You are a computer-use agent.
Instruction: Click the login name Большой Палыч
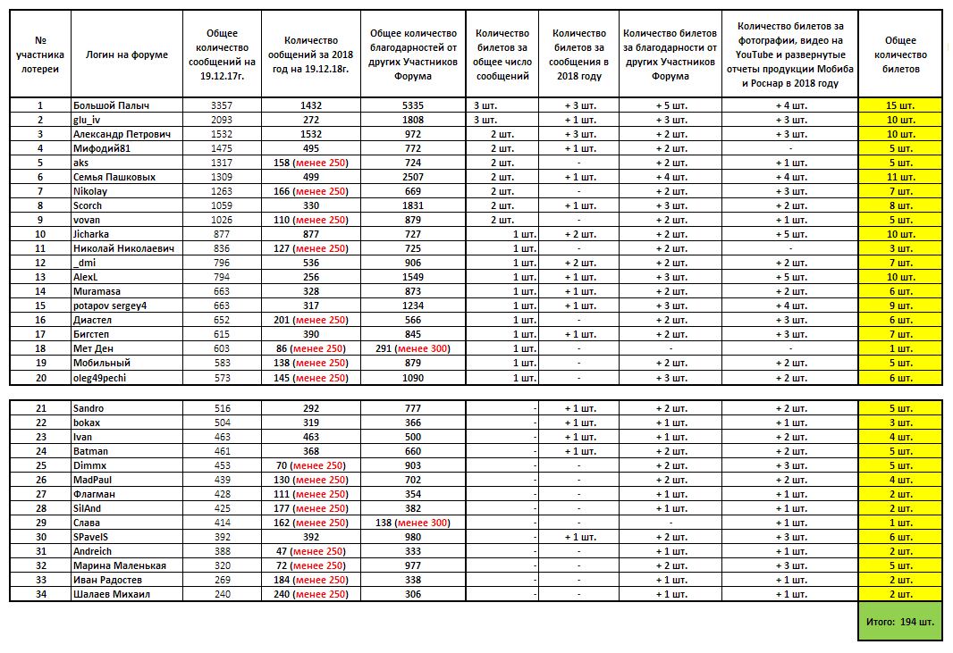(x=110, y=105)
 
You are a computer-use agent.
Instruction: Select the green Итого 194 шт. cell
(x=900, y=621)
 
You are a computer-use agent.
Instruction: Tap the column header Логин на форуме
(x=126, y=54)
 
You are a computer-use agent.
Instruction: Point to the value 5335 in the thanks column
(x=413, y=105)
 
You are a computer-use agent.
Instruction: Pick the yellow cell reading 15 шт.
(x=900, y=105)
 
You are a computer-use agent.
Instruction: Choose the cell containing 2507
(x=413, y=177)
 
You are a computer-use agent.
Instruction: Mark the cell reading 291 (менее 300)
(x=413, y=348)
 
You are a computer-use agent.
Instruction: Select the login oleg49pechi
(x=101, y=377)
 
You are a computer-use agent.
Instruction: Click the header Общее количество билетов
(x=900, y=54)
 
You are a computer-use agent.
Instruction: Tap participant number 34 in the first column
(x=39, y=594)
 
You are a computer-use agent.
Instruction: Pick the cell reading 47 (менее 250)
(x=310, y=551)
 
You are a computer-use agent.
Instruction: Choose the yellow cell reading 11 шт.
(x=900, y=177)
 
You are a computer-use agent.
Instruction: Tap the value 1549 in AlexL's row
(x=413, y=277)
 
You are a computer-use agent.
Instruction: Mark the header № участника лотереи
(x=39, y=54)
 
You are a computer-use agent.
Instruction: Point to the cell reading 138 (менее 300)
(x=413, y=523)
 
